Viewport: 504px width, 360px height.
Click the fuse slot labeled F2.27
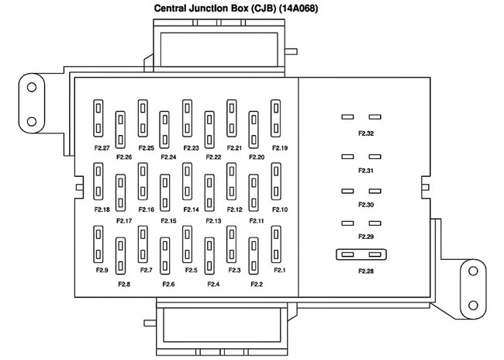click(99, 117)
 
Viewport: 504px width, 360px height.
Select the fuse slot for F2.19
click(275, 117)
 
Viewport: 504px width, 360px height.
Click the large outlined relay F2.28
click(362, 254)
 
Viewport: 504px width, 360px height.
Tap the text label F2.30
click(366, 205)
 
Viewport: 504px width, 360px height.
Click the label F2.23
click(191, 148)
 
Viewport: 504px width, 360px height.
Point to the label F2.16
click(147, 209)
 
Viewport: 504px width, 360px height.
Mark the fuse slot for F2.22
click(209, 130)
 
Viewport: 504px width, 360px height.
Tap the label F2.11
click(257, 221)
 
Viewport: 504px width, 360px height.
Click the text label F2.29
click(366, 236)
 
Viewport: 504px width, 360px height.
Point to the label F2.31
click(366, 170)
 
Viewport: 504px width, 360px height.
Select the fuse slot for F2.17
click(121, 192)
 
